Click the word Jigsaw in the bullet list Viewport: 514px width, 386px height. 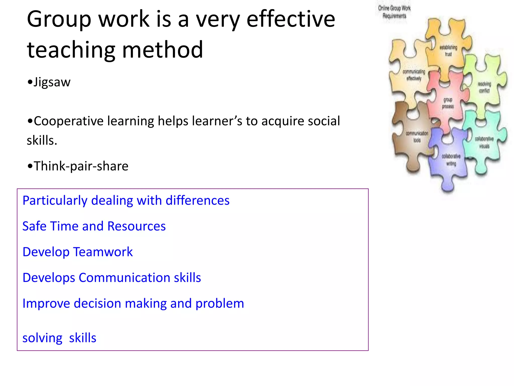pos(52,82)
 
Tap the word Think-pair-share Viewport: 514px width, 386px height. pos(81,166)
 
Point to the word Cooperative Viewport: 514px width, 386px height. pos(68,121)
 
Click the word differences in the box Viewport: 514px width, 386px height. pos(198,201)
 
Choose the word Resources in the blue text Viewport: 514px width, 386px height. pos(137,226)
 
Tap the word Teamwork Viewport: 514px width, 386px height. pos(103,252)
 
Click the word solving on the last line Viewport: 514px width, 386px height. pos(42,338)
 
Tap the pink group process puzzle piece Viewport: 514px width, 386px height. pos(448,103)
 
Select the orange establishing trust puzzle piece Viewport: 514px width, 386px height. pos(448,50)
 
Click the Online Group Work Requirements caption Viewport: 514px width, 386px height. pos(394,12)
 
